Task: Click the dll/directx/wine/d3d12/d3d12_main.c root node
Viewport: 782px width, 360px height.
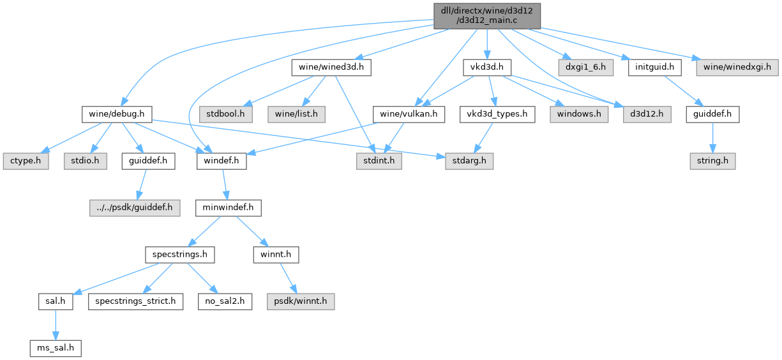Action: (x=487, y=16)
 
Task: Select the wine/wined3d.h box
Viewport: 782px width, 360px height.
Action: (x=331, y=68)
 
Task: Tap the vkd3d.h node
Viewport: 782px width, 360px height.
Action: (x=487, y=68)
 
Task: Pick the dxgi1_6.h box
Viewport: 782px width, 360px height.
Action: (x=585, y=68)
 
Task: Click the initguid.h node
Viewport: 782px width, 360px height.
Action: (x=654, y=68)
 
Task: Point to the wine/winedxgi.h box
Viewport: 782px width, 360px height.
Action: (x=737, y=68)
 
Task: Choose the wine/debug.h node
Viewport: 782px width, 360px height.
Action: (x=117, y=114)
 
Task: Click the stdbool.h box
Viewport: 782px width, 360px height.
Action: (x=225, y=114)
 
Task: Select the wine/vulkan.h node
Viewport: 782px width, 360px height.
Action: (x=409, y=114)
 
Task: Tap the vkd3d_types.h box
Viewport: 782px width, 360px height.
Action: (x=497, y=114)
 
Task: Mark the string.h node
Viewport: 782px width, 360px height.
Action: (x=712, y=161)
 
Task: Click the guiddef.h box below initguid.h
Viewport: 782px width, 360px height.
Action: (x=712, y=114)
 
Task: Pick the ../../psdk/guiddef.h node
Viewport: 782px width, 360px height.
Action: (x=135, y=208)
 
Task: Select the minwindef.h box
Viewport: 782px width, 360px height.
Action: (x=229, y=208)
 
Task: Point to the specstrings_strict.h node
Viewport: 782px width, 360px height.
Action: (x=135, y=302)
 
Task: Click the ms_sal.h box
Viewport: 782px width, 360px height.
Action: (x=56, y=349)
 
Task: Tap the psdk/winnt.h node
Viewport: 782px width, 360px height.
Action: (x=301, y=302)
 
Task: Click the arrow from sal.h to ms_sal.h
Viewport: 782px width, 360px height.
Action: (x=56, y=325)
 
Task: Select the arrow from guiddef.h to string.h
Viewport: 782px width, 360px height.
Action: (x=712, y=138)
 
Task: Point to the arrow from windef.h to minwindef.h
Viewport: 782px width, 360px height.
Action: (x=225, y=184)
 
